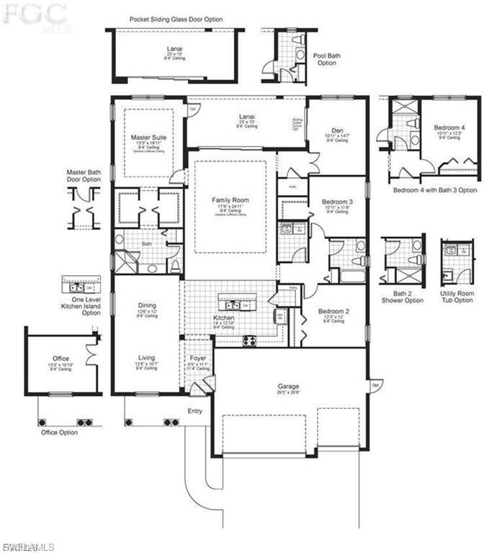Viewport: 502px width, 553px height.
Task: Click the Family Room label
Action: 230,199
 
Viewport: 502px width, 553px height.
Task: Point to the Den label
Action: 337,130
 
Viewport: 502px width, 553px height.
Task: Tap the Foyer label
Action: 198,358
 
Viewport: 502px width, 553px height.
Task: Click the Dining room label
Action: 147,305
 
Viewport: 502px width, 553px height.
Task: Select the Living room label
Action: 147,357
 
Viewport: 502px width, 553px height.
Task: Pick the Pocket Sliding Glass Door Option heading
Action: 176,19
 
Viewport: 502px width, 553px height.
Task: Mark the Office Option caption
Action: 59,433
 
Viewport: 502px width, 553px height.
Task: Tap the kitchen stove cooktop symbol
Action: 250,341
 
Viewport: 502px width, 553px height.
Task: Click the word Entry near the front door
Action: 194,411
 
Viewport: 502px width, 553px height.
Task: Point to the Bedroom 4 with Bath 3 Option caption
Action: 434,190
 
